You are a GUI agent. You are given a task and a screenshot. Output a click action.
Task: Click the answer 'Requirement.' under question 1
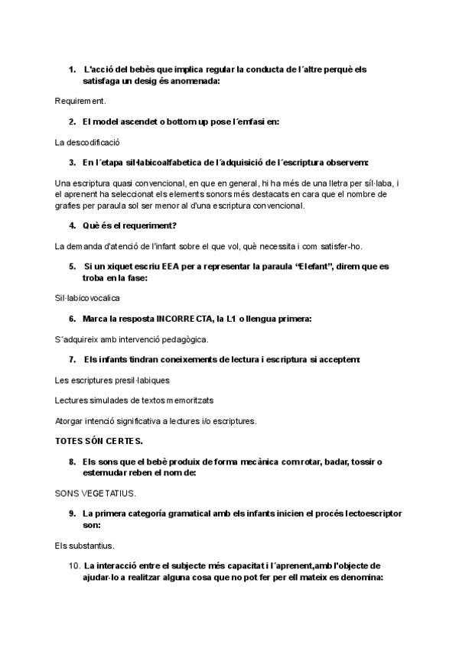click(80, 100)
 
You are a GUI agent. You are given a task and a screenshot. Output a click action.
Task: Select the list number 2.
click(72, 122)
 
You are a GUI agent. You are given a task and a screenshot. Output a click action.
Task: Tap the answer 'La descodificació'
click(88, 142)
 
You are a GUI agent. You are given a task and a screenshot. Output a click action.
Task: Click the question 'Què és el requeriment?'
click(130, 225)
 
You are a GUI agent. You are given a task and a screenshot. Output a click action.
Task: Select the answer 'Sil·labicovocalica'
click(87, 297)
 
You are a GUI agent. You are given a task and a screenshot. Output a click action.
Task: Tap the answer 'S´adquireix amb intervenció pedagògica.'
click(132, 339)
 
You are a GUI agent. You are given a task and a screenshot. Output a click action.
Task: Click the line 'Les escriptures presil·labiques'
click(112, 380)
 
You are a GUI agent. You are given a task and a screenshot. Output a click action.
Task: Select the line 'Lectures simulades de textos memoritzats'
click(134, 400)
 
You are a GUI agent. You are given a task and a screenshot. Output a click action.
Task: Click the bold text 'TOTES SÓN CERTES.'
click(99, 441)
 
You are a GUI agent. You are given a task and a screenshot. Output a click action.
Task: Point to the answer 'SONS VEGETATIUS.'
click(95, 494)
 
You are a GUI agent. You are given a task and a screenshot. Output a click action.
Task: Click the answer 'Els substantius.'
click(85, 546)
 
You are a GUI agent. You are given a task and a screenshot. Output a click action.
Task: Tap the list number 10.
click(74, 565)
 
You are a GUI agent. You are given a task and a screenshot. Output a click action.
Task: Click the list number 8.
click(72, 462)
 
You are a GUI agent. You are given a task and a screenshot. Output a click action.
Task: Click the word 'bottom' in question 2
click(177, 122)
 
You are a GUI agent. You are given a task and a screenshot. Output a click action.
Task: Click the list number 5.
click(72, 267)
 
